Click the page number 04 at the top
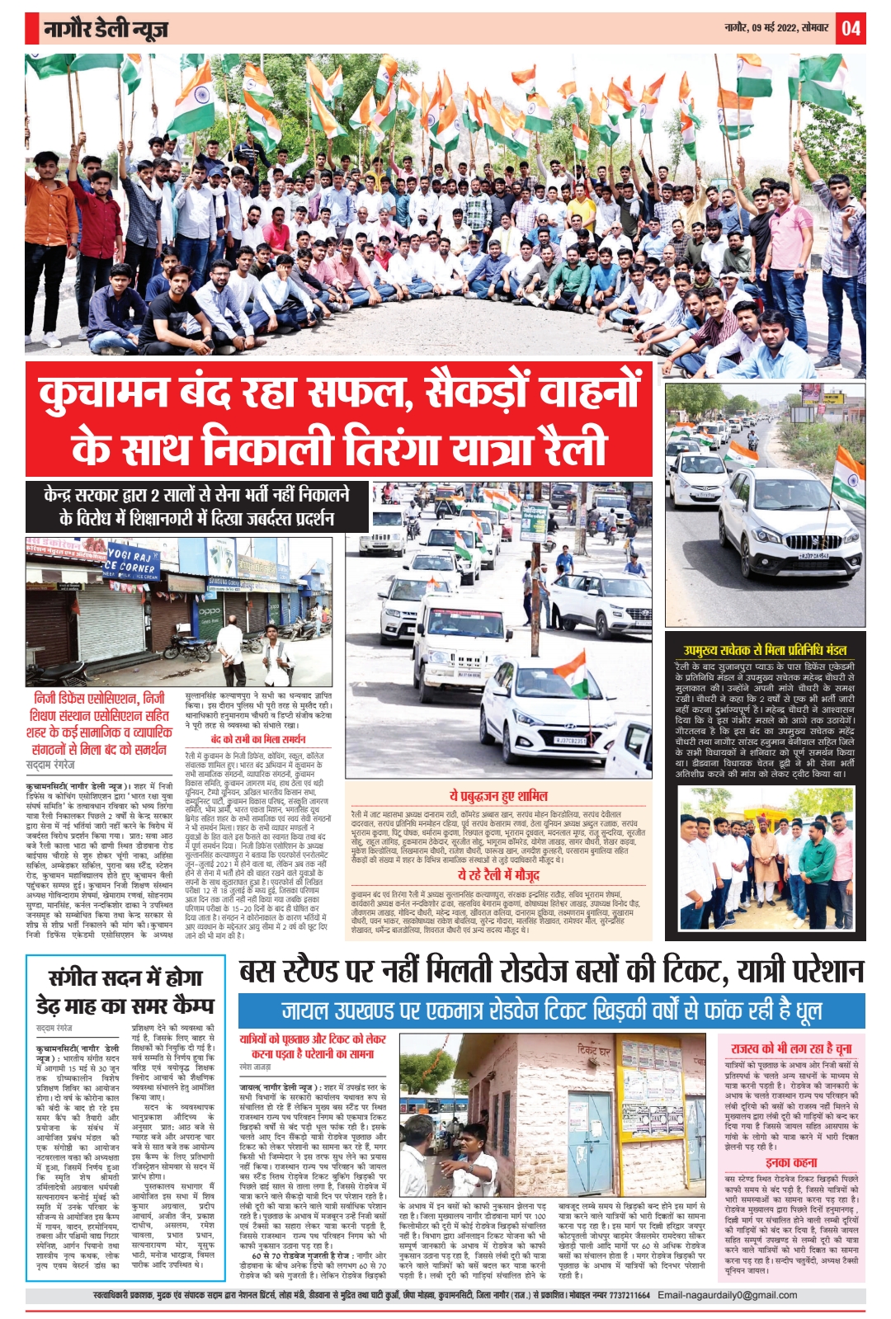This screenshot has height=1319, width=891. [851, 29]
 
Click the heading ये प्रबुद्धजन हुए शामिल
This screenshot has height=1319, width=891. [497, 796]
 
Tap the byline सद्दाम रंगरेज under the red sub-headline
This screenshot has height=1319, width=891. [50, 765]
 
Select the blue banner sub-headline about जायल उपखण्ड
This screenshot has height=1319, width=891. [551, 1010]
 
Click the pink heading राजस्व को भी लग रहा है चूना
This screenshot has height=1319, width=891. [790, 1048]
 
